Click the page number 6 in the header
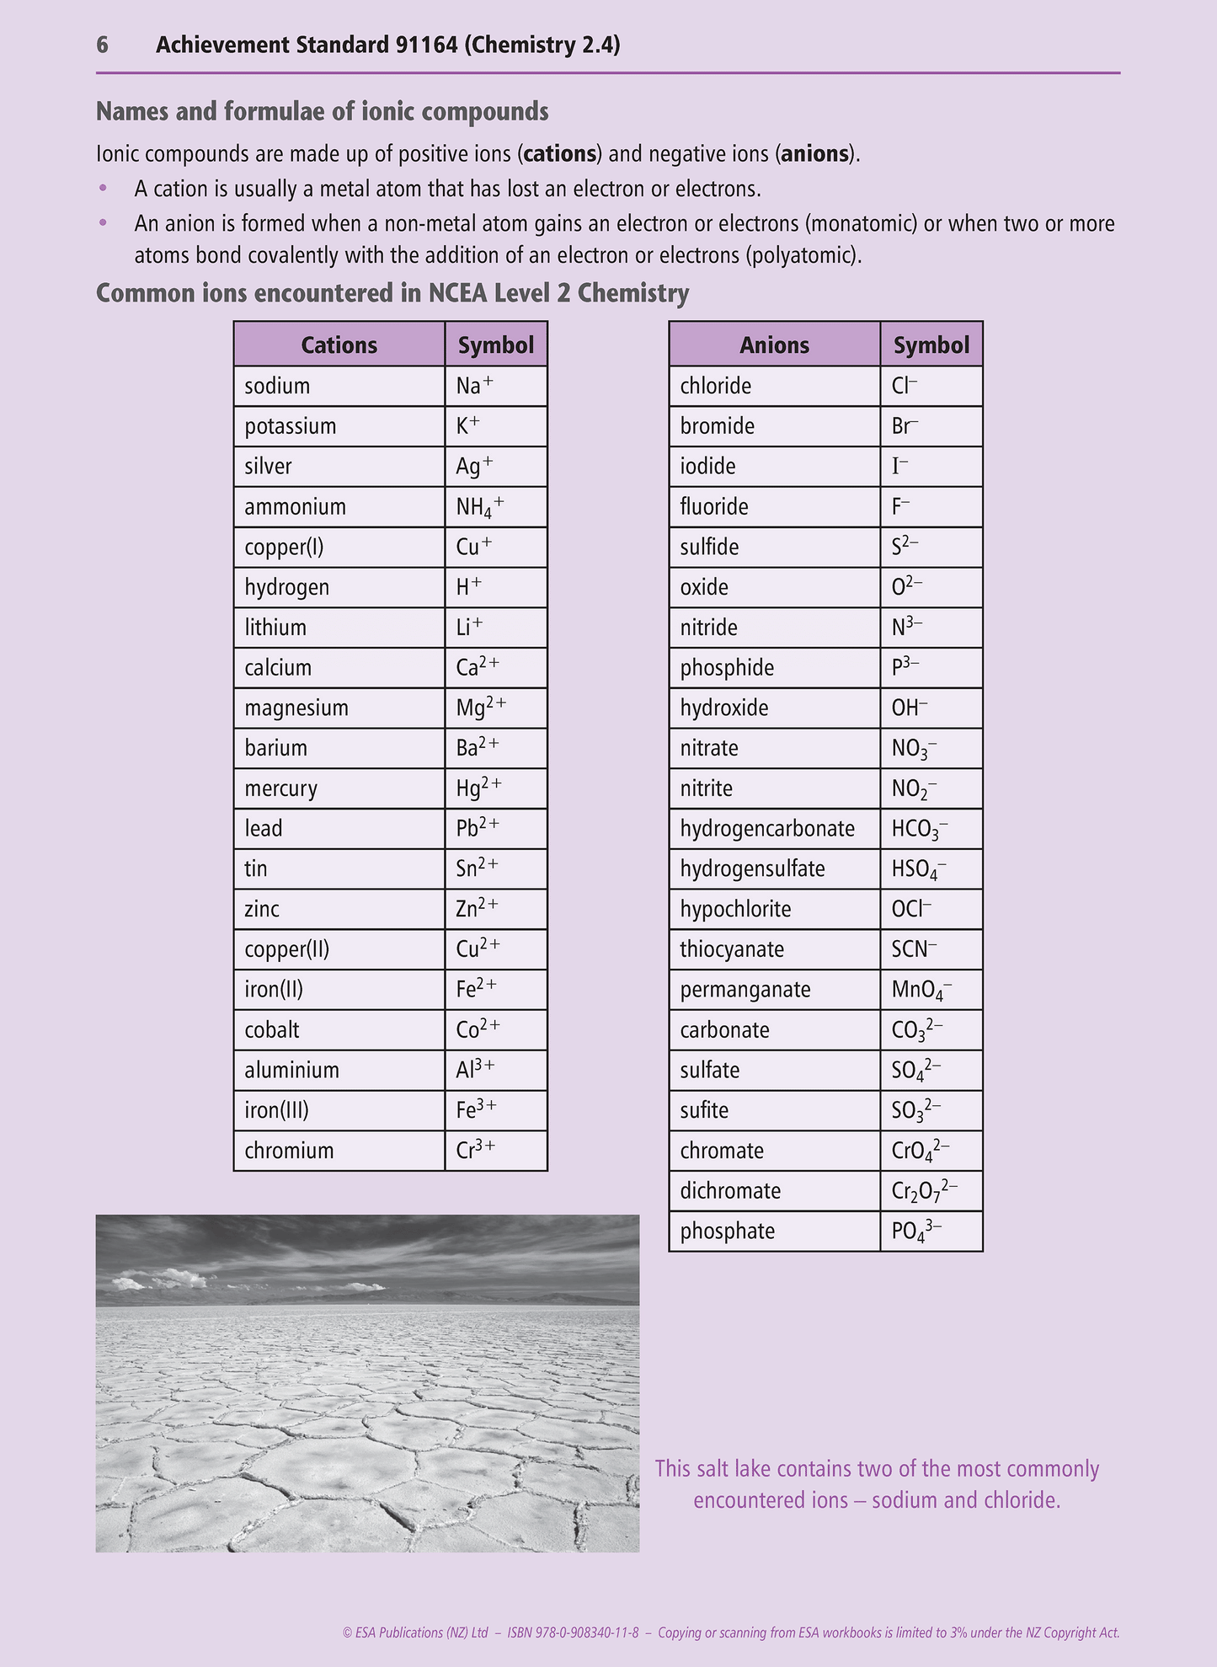102,45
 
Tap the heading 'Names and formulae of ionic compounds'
322,111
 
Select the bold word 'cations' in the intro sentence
560,154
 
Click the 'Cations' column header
339,345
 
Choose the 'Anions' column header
774,345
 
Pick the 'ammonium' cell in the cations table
295,506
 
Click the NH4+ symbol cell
480,507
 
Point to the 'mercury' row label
280,788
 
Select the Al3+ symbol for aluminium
475,1070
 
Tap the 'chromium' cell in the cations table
289,1151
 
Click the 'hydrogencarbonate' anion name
767,829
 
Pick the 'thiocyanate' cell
732,949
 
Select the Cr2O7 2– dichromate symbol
924,1191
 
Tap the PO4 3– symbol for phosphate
916,1232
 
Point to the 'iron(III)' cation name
276,1110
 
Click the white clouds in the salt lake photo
160,1280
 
